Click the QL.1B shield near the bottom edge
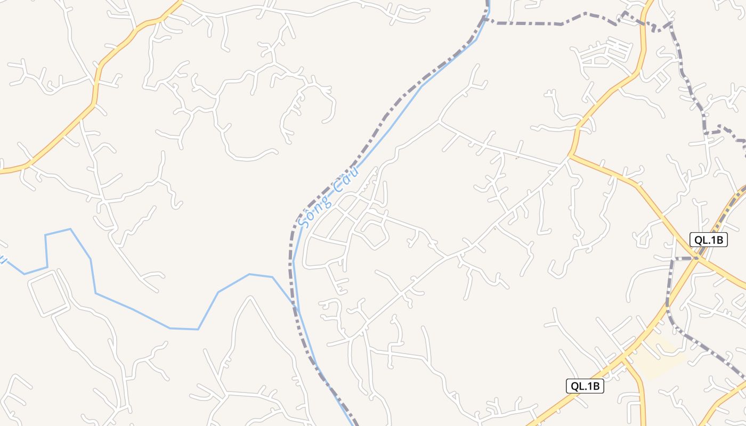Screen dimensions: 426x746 pos(585,386)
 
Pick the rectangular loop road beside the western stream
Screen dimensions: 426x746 pos(48,293)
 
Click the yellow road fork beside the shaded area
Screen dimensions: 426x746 pos(623,360)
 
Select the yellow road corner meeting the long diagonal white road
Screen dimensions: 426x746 pos(570,156)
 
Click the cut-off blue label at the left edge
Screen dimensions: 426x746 pos(3,259)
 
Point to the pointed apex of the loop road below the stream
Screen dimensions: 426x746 pos(249,298)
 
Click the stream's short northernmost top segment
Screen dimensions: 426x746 pos(58,232)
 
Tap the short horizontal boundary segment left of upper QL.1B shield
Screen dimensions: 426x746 pos(685,259)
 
